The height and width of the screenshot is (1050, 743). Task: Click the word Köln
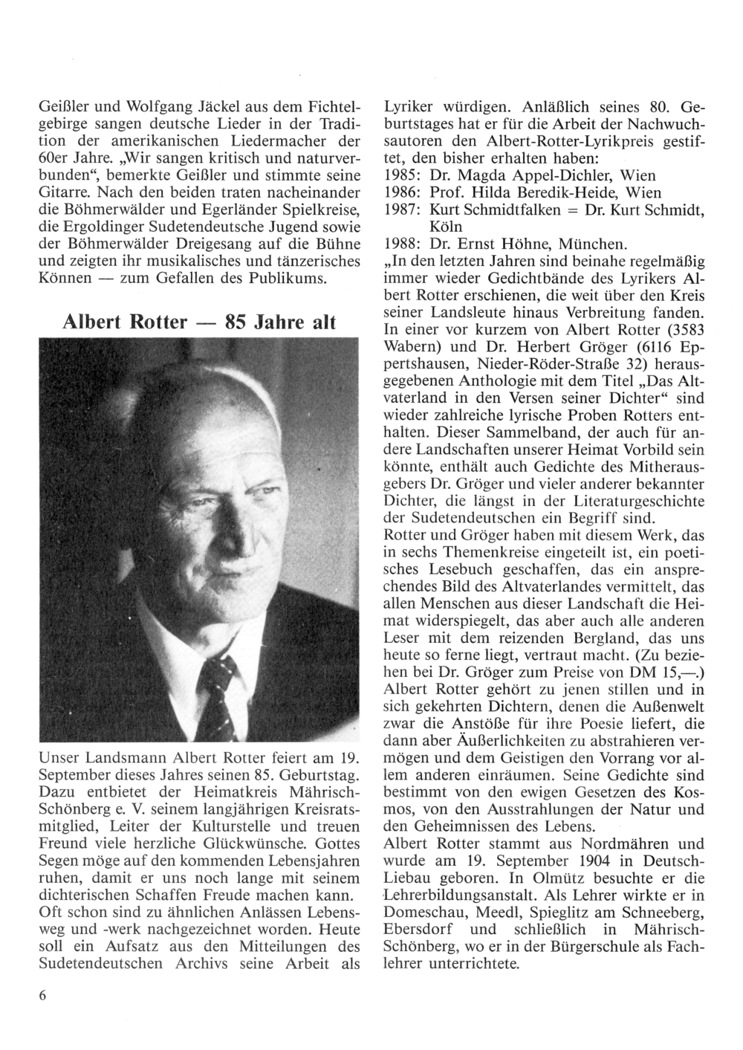point(447,227)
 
